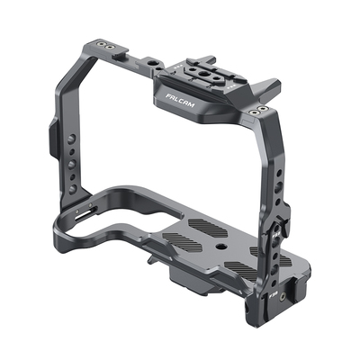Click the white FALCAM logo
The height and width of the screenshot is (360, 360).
click(180, 101)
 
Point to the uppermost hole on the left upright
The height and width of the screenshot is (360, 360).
click(71, 139)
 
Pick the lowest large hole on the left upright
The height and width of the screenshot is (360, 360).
click(72, 189)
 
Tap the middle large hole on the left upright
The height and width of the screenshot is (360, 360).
click(71, 165)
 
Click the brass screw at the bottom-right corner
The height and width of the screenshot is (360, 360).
click(283, 297)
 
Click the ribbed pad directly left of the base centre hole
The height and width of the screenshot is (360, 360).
click(182, 241)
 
